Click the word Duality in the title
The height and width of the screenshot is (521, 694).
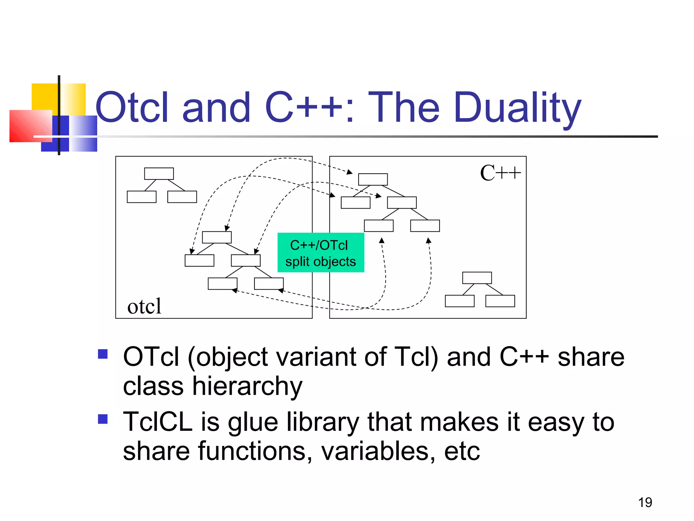(517, 108)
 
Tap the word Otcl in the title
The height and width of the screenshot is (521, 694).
(132, 108)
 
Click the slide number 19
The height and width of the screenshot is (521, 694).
(645, 502)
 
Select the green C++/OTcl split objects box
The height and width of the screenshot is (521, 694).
(321, 253)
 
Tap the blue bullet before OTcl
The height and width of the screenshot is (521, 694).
(103, 354)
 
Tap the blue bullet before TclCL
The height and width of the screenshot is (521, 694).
(103, 419)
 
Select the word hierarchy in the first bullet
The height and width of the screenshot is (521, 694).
(247, 387)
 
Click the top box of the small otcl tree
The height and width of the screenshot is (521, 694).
(159, 174)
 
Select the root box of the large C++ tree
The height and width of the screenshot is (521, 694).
(373, 179)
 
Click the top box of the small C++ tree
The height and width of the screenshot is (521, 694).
(477, 278)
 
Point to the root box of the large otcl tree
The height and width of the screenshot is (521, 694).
(217, 237)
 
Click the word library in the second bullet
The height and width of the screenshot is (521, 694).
(322, 423)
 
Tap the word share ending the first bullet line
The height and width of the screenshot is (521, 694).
(591, 357)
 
